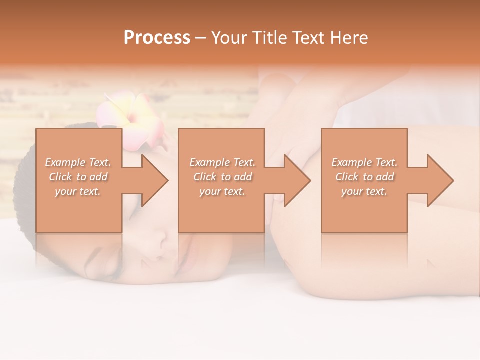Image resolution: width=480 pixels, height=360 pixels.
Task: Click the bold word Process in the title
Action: coord(157,38)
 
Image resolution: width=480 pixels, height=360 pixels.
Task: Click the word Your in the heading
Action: coord(230,38)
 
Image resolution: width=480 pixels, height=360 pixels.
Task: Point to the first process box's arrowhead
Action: coord(155,180)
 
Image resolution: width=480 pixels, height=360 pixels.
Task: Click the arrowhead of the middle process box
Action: coord(297,180)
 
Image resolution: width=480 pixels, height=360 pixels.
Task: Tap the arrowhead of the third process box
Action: coord(440,180)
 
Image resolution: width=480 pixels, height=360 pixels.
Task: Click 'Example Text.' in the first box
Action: coord(78,162)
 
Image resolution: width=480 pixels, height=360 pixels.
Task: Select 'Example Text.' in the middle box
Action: coord(222,162)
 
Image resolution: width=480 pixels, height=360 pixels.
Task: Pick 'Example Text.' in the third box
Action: coord(364,162)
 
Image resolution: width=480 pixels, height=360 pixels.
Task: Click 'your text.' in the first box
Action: coord(78,191)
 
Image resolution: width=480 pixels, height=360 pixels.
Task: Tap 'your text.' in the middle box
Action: coord(222,191)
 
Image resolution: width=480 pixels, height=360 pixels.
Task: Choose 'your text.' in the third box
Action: coord(364,191)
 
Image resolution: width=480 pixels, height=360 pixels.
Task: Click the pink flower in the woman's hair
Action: coord(131,120)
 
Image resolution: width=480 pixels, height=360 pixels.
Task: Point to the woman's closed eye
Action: coord(105,260)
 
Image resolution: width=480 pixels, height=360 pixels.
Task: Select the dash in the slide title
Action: coord(200,38)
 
